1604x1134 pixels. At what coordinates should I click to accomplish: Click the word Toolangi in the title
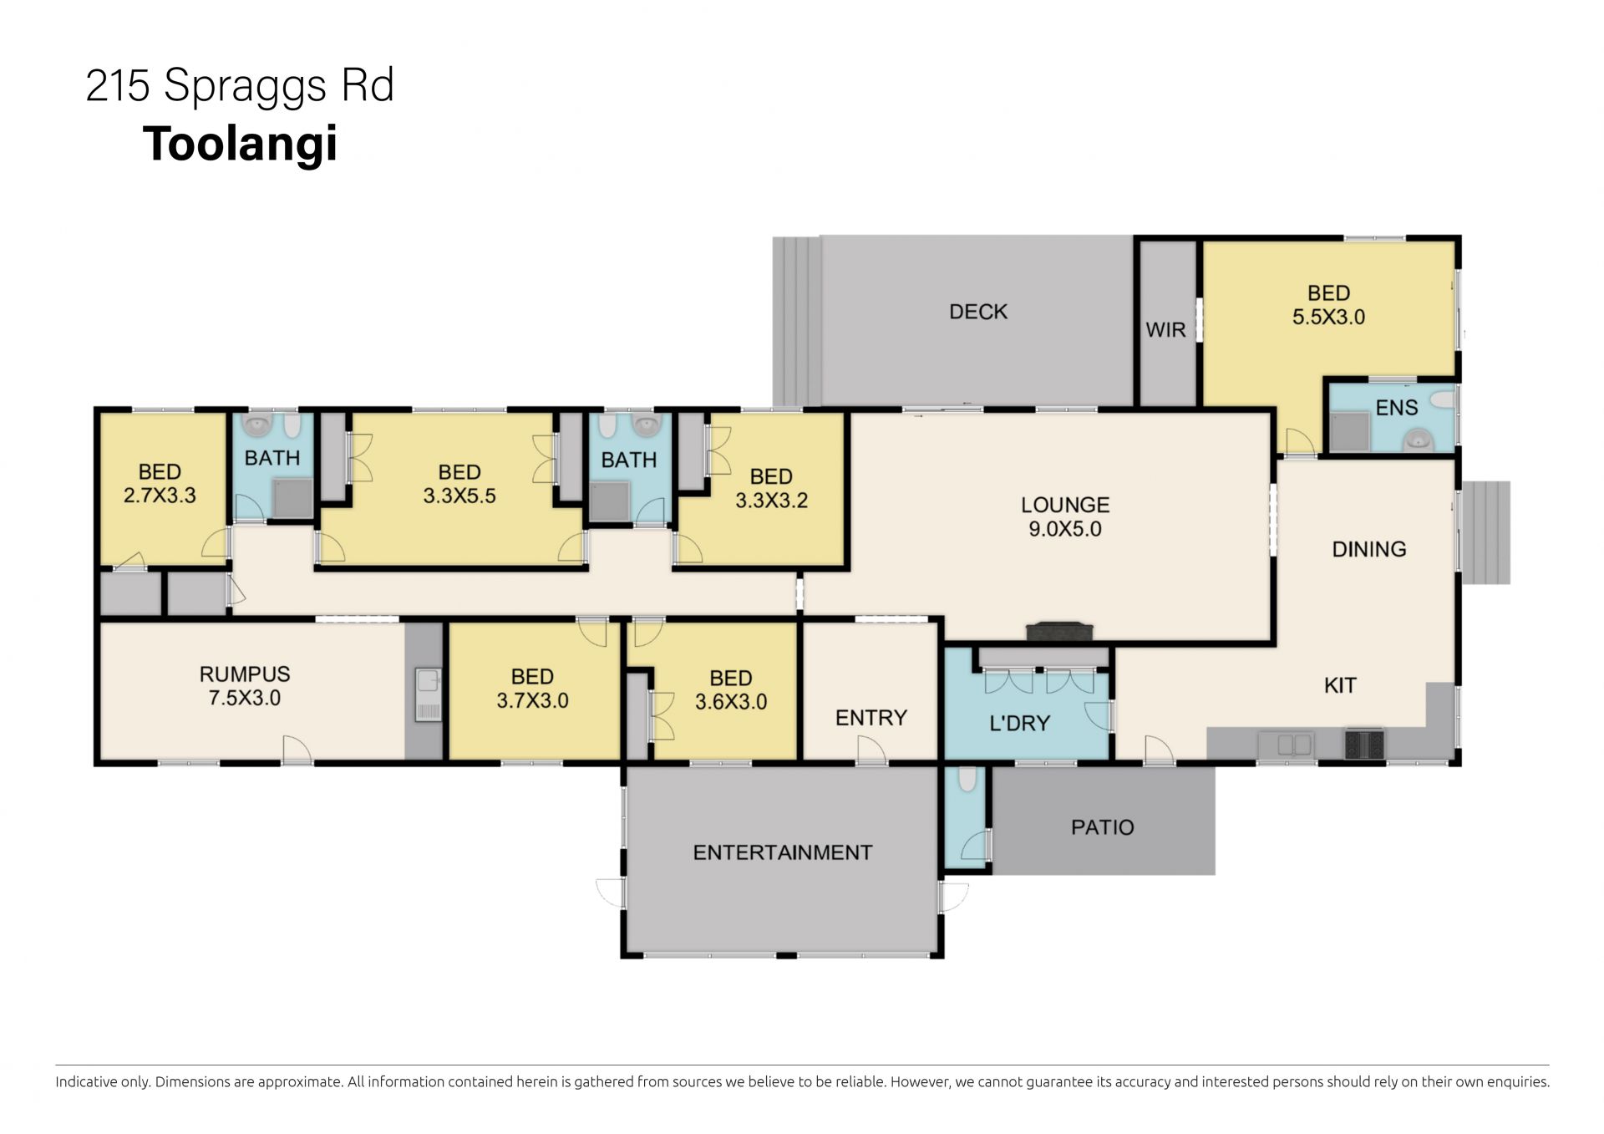[x=241, y=144]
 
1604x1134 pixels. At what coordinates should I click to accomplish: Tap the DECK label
[x=978, y=312]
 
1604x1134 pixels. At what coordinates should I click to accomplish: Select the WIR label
[x=1165, y=330]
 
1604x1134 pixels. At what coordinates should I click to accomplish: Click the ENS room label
[x=1397, y=408]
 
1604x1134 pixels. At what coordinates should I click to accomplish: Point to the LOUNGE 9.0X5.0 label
[x=1065, y=516]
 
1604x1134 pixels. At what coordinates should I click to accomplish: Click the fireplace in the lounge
[x=1059, y=633]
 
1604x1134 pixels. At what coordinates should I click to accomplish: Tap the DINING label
[x=1369, y=549]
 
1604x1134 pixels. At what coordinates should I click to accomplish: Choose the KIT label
[x=1340, y=685]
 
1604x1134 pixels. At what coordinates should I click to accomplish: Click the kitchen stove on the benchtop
[x=1363, y=743]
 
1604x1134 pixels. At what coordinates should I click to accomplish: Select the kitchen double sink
[x=1287, y=743]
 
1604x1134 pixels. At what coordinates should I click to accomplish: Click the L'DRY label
[x=1019, y=724]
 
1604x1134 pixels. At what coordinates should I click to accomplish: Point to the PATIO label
[x=1103, y=827]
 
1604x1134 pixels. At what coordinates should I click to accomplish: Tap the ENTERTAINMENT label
[x=783, y=852]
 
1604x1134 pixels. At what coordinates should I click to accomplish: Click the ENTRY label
[x=871, y=718]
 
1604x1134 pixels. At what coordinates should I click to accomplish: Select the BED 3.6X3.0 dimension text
[x=731, y=701]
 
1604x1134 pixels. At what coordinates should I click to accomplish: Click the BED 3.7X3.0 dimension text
[x=532, y=700]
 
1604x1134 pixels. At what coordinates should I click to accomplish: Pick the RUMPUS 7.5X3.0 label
[x=245, y=686]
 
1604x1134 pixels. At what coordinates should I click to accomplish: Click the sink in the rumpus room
[x=429, y=695]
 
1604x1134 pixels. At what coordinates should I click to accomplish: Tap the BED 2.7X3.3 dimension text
[x=160, y=496]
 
